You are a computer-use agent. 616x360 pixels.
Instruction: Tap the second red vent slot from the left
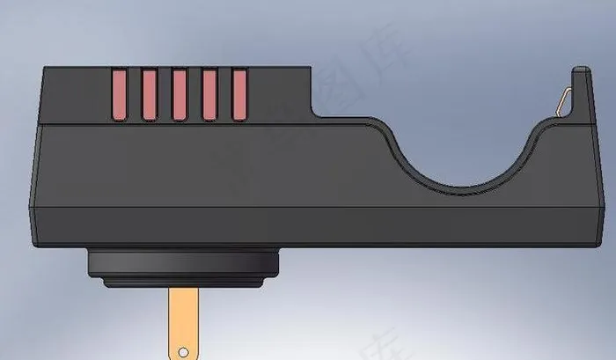(x=149, y=94)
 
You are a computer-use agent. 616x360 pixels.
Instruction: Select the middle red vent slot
(x=179, y=94)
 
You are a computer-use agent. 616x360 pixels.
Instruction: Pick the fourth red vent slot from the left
(x=209, y=94)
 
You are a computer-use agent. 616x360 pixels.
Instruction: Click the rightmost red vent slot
(x=238, y=94)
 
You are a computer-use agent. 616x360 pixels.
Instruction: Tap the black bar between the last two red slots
(x=224, y=94)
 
